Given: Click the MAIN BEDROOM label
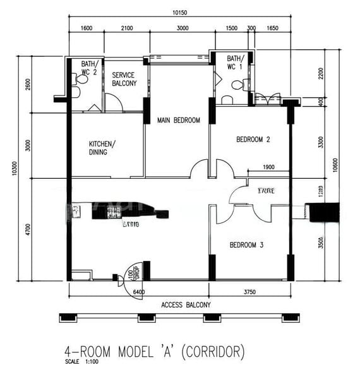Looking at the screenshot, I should click(x=179, y=120).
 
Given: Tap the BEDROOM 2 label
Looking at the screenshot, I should click(x=253, y=140).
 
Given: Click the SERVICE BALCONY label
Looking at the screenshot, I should click(x=124, y=79).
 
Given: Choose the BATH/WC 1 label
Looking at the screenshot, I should click(x=235, y=61).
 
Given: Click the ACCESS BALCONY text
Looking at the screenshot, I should click(x=186, y=304).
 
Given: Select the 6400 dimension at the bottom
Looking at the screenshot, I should click(x=140, y=292).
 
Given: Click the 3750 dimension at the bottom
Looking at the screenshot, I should click(x=251, y=292).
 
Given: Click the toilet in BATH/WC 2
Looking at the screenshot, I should click(x=76, y=92).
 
